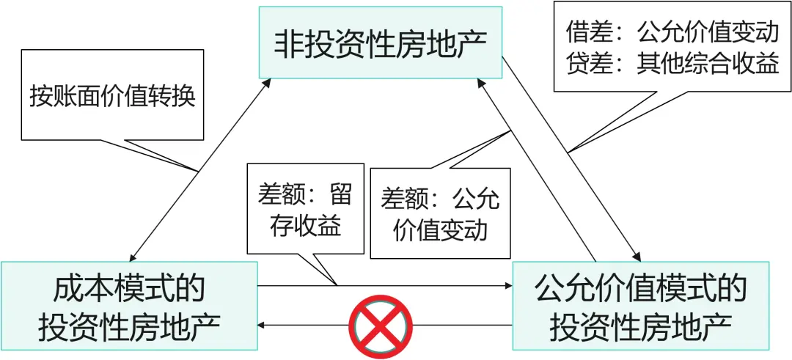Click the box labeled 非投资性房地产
tap(381, 43)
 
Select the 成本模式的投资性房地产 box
tap(129, 306)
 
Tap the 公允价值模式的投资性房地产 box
tap(641, 306)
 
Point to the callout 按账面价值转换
tap(112, 95)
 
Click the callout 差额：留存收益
tap(305, 208)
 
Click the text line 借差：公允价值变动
tap(672, 33)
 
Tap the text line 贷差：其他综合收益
tap(672, 64)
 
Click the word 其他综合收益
tap(708, 64)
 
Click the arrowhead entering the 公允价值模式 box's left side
tap(507, 286)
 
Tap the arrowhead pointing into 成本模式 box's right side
tap(263, 325)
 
